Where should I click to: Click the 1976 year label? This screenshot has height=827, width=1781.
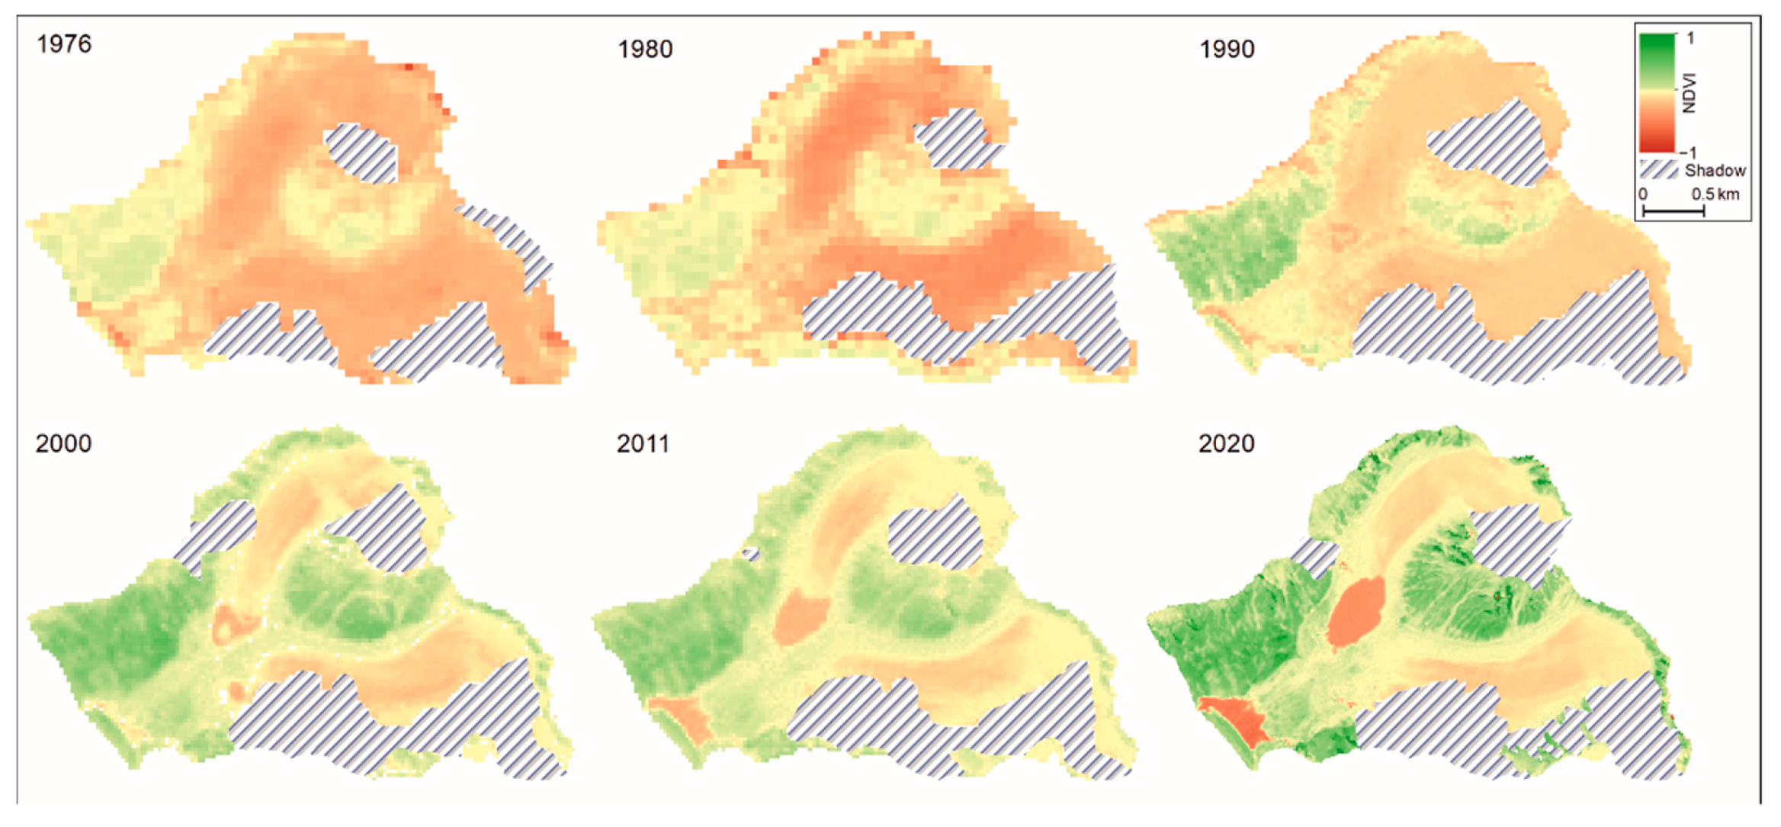tap(64, 44)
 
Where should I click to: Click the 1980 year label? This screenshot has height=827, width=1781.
tap(645, 50)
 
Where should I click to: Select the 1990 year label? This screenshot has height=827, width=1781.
tap(1227, 50)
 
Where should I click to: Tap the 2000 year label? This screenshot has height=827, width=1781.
tap(63, 443)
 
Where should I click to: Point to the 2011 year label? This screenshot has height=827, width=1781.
tap(643, 443)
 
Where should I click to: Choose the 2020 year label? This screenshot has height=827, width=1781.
tap(1226, 443)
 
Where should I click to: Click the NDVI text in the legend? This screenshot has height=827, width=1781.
tap(1689, 93)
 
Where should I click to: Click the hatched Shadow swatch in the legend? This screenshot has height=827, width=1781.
tap(1658, 169)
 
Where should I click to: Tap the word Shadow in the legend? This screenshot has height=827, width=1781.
tap(1715, 170)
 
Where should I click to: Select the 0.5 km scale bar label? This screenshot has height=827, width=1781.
tap(1715, 194)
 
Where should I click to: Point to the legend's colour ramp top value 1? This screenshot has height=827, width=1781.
tap(1690, 38)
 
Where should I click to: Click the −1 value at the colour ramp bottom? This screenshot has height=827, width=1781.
tap(1688, 153)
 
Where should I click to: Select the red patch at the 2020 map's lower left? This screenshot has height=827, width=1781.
tap(1236, 720)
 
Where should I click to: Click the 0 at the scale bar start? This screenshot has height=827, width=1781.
tap(1643, 194)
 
